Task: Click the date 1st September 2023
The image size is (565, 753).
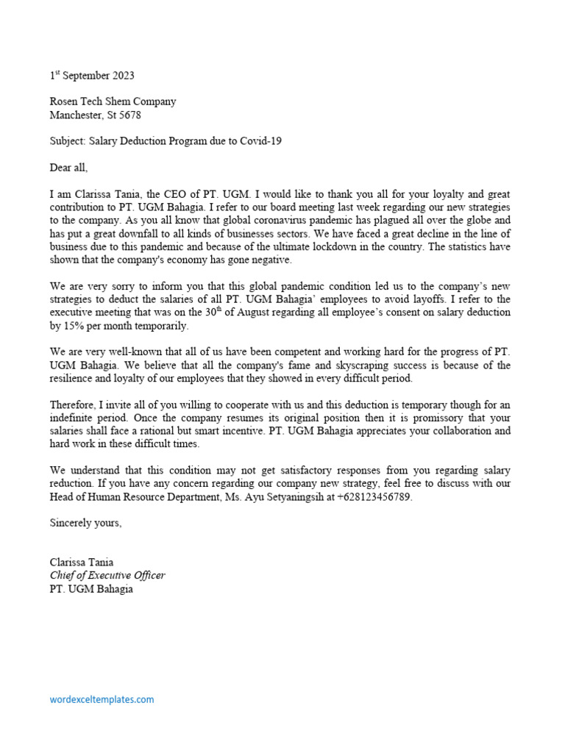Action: [92, 76]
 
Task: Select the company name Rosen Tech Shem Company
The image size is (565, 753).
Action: [113, 101]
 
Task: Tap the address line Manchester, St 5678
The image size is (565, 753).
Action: [95, 115]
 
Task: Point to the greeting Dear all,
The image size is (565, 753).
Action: [68, 167]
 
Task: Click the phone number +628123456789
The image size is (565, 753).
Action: [374, 498]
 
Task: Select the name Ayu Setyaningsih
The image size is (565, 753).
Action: [290, 498]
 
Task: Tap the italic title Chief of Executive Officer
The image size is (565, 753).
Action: [107, 576]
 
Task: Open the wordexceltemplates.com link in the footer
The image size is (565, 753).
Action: [102, 699]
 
